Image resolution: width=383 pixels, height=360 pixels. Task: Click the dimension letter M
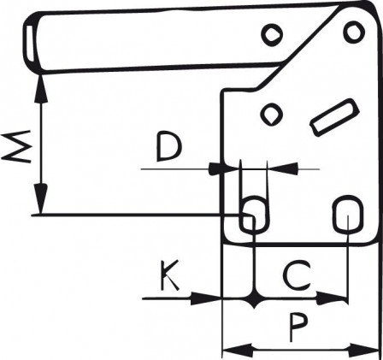tap(16, 146)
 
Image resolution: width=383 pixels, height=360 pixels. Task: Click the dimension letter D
tap(168, 145)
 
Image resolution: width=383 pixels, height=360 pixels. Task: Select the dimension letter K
tap(169, 274)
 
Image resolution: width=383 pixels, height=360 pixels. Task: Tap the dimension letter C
tap(298, 275)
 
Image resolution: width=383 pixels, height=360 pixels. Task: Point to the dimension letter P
tap(298, 327)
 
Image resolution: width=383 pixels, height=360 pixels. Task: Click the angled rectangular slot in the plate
tap(334, 117)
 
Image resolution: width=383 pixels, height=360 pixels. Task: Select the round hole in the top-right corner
tap(354, 32)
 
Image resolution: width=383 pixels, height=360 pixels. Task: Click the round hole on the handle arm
tap(272, 34)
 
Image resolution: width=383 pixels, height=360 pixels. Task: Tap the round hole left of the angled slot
tap(272, 114)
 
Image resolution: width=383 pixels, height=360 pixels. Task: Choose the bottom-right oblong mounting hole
tap(348, 214)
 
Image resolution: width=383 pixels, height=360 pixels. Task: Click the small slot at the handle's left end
tap(31, 43)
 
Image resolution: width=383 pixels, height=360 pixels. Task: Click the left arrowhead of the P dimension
tap(238, 349)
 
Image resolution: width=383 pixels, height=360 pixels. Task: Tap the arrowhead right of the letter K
tap(206, 298)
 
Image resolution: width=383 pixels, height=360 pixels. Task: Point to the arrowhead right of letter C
tap(332, 298)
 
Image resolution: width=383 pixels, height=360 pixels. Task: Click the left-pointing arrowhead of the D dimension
tap(283, 169)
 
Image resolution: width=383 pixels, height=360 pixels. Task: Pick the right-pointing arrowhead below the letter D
tap(224, 168)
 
